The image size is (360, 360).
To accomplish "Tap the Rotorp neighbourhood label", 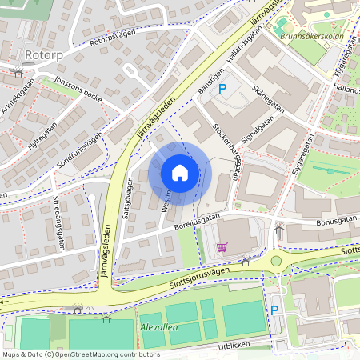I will point(43,54).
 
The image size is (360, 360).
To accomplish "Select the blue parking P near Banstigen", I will point(222,89).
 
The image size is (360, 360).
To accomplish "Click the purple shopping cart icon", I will point(222,247).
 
